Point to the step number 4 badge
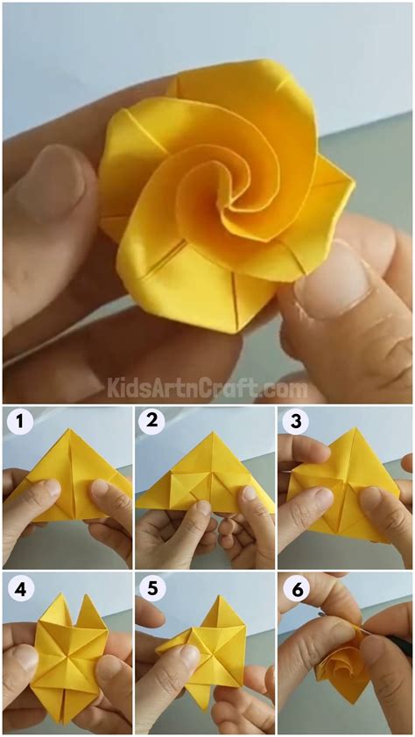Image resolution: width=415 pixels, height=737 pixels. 20,588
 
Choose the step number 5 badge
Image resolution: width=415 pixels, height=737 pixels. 152,588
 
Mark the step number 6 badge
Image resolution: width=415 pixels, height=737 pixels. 295,588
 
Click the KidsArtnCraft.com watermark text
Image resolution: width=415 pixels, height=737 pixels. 207,386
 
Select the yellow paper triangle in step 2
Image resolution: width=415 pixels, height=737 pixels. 202,481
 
